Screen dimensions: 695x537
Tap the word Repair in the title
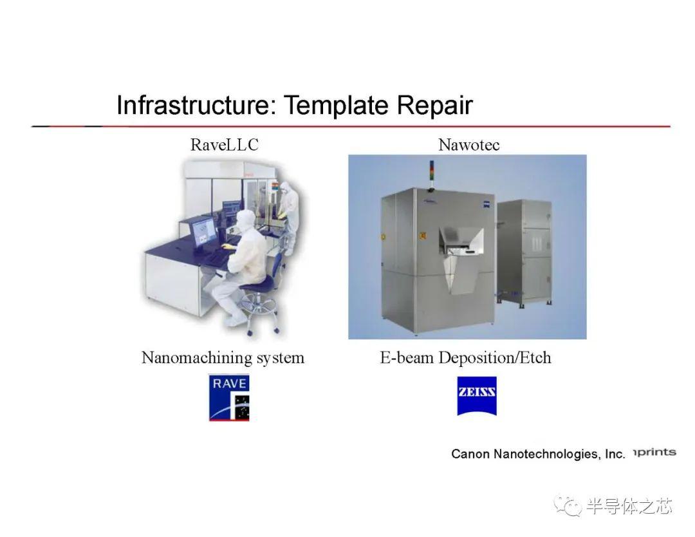click(434, 106)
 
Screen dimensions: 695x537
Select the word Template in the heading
click(337, 106)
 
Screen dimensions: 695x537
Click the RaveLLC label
click(225, 145)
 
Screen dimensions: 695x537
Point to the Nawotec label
click(469, 145)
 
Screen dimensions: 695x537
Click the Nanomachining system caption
click(223, 357)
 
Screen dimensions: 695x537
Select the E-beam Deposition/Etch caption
click(465, 357)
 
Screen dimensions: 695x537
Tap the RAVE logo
click(229, 397)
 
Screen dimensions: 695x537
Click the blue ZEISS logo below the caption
click(477, 396)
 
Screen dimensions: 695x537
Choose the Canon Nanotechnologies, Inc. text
click(538, 454)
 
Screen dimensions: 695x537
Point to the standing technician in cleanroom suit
click(288, 216)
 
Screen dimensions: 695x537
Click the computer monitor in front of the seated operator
click(203, 233)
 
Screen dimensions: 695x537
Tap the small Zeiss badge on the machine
click(486, 204)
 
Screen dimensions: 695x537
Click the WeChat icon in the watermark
click(568, 505)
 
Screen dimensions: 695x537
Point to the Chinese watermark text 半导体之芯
click(629, 506)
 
